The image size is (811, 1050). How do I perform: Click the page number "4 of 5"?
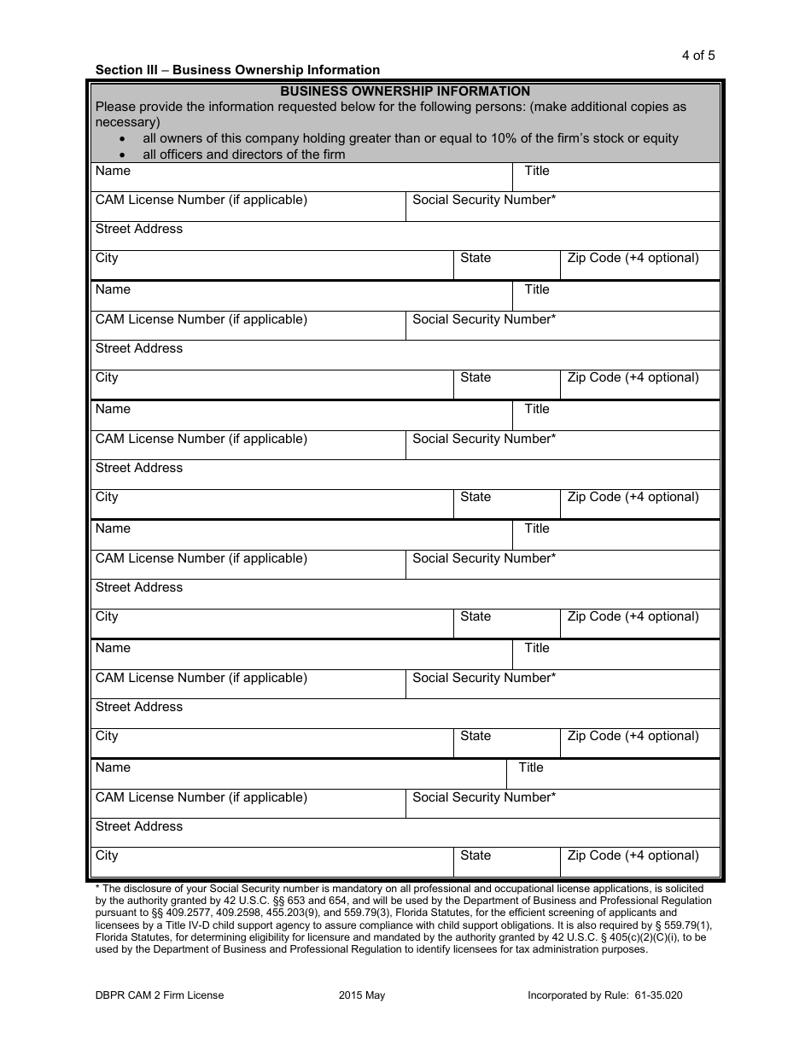click(x=698, y=55)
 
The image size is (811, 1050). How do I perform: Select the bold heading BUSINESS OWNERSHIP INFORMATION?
click(x=405, y=91)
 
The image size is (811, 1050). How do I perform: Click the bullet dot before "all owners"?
click(x=125, y=139)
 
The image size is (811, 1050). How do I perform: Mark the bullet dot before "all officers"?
click(x=125, y=155)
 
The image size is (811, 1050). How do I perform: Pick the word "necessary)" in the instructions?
click(x=127, y=122)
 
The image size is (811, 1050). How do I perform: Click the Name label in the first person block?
click(x=113, y=171)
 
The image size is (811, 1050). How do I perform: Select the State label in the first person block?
click(x=476, y=258)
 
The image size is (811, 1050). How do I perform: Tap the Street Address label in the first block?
click(x=139, y=229)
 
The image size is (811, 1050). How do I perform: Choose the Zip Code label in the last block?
click(x=633, y=855)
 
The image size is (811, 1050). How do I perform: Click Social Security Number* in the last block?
click(x=484, y=797)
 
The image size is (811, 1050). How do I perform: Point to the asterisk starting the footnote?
click(x=97, y=888)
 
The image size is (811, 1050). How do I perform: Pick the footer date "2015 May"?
click(x=362, y=995)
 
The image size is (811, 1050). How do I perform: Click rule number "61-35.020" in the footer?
click(x=655, y=995)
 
